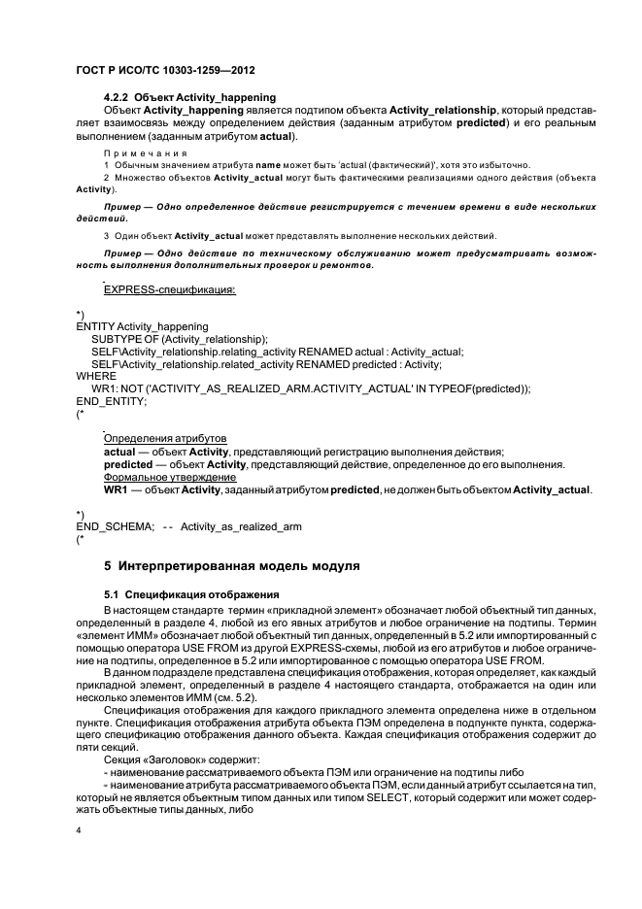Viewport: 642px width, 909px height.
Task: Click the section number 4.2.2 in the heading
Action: click(x=118, y=97)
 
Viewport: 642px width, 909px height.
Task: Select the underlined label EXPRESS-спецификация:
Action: click(x=169, y=289)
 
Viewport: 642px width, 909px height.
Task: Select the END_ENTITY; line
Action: click(x=112, y=401)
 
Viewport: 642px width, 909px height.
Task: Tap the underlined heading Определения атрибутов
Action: click(x=164, y=439)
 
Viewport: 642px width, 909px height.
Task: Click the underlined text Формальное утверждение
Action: click(x=169, y=477)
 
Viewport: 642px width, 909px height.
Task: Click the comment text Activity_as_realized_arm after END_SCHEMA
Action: click(x=241, y=525)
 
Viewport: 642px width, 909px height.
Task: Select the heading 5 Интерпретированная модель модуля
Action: click(x=231, y=564)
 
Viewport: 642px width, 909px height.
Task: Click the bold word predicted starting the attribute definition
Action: click(x=129, y=464)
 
